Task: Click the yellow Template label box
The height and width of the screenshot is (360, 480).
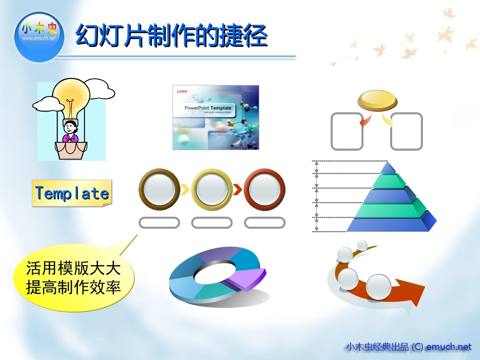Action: tap(72, 193)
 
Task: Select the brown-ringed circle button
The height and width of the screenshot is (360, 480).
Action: tap(159, 189)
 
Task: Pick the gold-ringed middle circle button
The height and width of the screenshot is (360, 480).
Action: tap(212, 189)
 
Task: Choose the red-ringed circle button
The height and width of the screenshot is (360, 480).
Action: tap(264, 189)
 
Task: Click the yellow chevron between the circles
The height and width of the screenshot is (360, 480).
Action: tap(185, 190)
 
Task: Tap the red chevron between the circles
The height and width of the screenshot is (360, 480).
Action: tap(237, 190)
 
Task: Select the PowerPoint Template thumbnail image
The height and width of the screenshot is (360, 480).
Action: tap(216, 117)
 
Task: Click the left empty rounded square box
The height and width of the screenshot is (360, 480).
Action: tap(347, 131)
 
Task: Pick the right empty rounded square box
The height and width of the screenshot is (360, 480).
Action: tap(406, 131)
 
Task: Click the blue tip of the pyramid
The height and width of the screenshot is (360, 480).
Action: tap(388, 168)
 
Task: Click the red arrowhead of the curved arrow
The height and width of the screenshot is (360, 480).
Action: tap(411, 294)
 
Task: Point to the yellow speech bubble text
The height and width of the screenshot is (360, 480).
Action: tap(74, 278)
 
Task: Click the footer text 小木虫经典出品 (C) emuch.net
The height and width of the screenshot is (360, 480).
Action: tap(408, 347)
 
